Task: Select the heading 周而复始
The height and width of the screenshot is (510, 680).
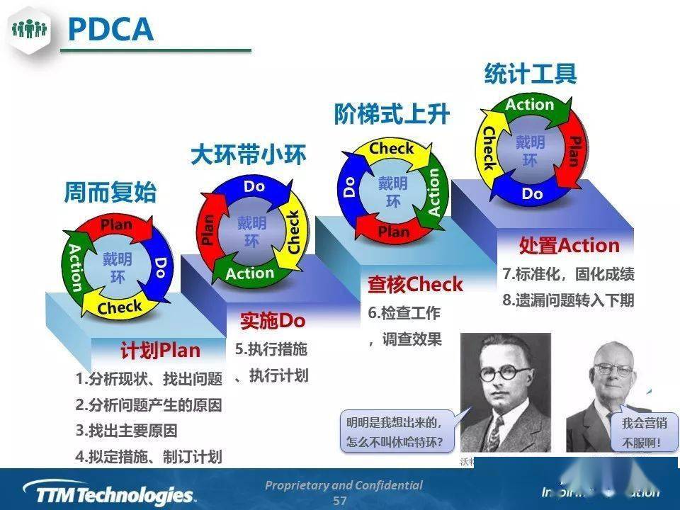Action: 110,193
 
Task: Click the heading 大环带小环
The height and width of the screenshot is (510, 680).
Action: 248,155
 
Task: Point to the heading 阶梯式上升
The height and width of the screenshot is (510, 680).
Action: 392,113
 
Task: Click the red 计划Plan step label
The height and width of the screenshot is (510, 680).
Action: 160,351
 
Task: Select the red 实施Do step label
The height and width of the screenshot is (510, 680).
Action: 272,321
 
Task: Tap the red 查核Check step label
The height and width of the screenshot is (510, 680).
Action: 414,285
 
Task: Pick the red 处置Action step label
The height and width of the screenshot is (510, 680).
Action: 569,246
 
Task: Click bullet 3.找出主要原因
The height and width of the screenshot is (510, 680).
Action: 126,431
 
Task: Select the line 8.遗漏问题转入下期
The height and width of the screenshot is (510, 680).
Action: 568,300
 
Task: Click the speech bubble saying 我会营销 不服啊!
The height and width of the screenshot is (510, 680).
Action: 640,433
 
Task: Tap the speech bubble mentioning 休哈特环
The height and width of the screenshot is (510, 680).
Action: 395,432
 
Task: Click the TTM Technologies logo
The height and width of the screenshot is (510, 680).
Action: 107,492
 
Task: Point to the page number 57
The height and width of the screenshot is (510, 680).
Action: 340,501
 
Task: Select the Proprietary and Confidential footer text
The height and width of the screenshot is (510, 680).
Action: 344,485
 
